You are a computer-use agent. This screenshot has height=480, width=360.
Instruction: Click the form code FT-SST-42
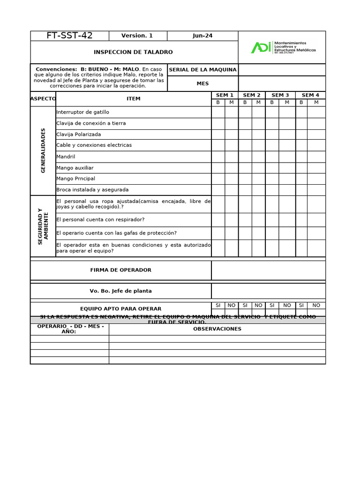click(69, 36)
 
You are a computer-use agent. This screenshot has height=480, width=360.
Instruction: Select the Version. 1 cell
click(137, 36)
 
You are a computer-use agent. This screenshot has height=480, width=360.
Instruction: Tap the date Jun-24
click(202, 36)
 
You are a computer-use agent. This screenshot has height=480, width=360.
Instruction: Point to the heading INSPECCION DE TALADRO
click(134, 52)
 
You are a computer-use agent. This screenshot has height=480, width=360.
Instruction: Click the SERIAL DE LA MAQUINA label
click(202, 70)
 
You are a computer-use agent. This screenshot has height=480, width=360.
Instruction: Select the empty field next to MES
click(281, 83)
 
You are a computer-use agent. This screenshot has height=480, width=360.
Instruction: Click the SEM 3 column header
click(280, 95)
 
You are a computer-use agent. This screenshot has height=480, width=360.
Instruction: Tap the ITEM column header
click(134, 99)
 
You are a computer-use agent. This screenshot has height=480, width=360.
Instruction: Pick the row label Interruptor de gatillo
click(83, 112)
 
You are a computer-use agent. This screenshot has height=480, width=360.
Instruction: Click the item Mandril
click(66, 157)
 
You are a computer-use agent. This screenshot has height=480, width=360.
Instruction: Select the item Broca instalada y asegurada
click(92, 190)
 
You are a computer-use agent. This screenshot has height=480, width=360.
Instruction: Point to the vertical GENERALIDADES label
click(43, 150)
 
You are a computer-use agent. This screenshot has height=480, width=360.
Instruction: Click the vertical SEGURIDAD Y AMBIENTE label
click(43, 226)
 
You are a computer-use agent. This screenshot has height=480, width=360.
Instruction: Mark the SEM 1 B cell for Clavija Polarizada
click(218, 135)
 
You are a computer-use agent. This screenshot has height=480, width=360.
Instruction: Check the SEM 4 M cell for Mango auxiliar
click(316, 168)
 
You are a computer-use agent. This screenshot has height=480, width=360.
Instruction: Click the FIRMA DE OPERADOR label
click(121, 270)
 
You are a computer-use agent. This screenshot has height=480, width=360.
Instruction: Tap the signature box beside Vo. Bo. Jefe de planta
click(268, 291)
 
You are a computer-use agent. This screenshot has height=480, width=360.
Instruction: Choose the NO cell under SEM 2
click(258, 305)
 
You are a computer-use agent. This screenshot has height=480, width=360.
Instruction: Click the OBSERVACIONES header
click(217, 329)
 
